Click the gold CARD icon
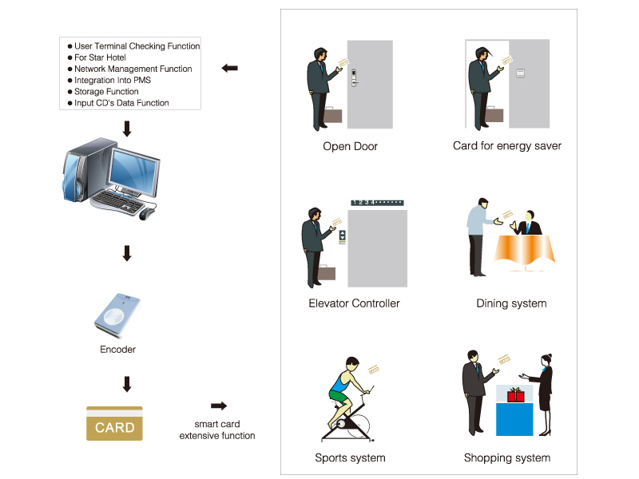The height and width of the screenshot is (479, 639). (x=114, y=424)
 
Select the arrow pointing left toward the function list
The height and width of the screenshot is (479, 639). (x=229, y=69)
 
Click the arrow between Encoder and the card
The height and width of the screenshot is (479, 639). (x=126, y=384)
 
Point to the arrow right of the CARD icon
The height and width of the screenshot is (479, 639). (x=218, y=406)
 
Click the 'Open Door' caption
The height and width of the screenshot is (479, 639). (x=350, y=146)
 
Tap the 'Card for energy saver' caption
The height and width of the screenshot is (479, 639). (x=506, y=146)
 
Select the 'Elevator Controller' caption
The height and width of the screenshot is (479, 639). (x=354, y=303)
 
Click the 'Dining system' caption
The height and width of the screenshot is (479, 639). (x=511, y=303)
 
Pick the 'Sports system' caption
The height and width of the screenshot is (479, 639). (x=350, y=458)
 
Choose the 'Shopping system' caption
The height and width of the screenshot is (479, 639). (x=506, y=458)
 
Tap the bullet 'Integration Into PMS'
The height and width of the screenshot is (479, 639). (x=112, y=81)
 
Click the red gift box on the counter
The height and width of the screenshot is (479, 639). (x=515, y=395)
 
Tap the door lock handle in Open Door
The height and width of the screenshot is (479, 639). (x=355, y=77)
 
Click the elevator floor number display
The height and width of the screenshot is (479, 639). (x=376, y=203)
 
